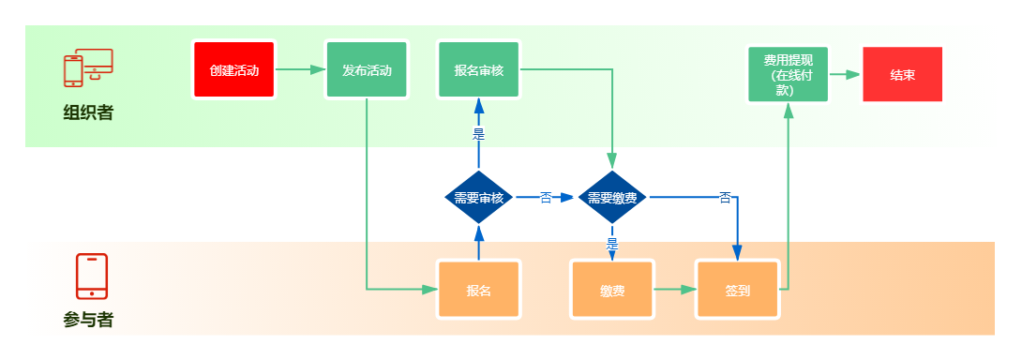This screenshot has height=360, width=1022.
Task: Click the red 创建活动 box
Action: click(x=234, y=69)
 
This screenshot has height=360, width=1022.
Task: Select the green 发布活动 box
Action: click(x=367, y=69)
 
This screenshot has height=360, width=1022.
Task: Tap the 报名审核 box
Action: click(x=479, y=69)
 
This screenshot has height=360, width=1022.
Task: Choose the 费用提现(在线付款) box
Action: click(x=788, y=74)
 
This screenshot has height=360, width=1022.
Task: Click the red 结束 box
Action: click(x=903, y=74)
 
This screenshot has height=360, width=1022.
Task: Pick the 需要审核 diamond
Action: click(x=479, y=198)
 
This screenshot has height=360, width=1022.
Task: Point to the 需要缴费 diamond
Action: click(x=612, y=198)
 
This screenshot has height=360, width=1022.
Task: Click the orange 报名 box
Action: click(x=479, y=291)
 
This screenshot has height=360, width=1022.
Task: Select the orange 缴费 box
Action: click(x=612, y=291)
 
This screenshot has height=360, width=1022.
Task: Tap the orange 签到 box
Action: click(x=737, y=291)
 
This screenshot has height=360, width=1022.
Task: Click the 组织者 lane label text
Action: click(x=88, y=112)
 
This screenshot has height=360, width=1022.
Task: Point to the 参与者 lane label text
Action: click(x=88, y=320)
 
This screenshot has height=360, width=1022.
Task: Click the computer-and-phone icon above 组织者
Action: click(x=88, y=67)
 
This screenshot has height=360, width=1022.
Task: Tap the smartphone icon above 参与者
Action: click(x=92, y=276)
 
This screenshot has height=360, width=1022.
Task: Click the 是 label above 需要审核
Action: click(x=479, y=135)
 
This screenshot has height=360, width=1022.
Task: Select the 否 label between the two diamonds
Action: click(x=547, y=198)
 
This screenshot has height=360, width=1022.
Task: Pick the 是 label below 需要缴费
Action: click(x=612, y=245)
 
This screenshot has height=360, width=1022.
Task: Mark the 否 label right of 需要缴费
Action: click(x=725, y=197)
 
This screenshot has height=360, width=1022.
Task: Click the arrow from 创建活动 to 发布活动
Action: click(x=300, y=69)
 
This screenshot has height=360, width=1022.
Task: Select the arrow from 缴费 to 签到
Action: click(x=675, y=291)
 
